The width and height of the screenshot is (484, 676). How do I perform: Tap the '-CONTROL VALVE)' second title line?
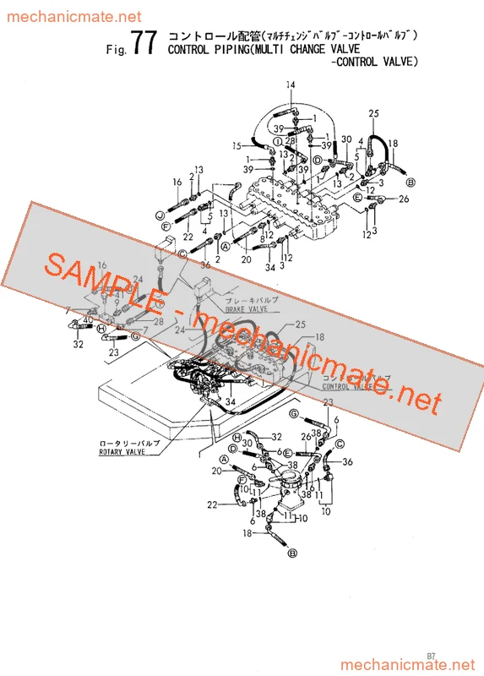(375, 62)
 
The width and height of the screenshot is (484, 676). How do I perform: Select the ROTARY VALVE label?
(122, 452)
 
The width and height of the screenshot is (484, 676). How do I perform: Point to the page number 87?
(432, 655)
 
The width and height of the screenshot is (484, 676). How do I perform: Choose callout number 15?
(237, 146)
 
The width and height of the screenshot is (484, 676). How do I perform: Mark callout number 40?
(88, 320)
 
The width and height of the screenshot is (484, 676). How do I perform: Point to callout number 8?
(263, 240)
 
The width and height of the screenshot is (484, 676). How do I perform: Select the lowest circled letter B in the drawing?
(293, 553)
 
